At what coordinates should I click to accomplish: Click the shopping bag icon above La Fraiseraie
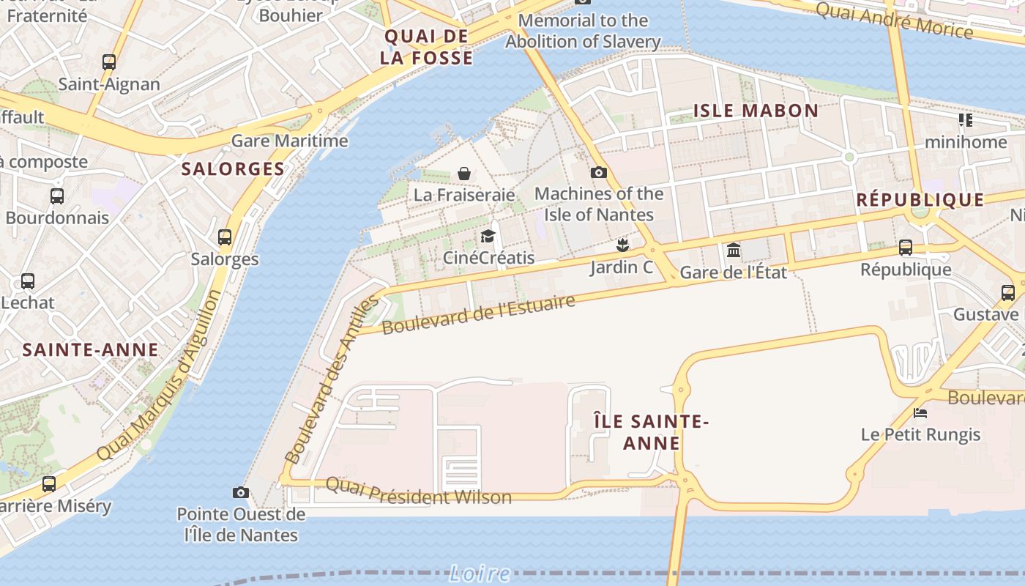point(463,174)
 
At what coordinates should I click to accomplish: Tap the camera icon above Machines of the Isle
point(599,172)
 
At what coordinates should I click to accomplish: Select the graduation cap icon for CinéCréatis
point(488,236)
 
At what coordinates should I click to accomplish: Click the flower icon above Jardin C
point(622,245)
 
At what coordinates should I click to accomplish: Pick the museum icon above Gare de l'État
point(734,251)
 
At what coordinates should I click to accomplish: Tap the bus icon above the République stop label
point(906,248)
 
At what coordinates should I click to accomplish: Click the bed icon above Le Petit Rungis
point(920,413)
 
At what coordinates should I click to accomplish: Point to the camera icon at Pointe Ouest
point(240,492)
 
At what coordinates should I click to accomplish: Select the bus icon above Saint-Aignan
point(109,62)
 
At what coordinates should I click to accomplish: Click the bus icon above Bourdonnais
point(57,196)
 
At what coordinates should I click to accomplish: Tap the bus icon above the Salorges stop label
point(225,237)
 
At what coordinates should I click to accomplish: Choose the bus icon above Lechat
point(28,281)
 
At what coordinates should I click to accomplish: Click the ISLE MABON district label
point(756,111)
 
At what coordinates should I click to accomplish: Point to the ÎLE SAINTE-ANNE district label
point(651,432)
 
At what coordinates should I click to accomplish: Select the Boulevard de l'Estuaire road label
point(479,314)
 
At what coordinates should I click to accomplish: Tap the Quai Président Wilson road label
point(418,492)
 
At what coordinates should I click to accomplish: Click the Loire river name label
point(469,573)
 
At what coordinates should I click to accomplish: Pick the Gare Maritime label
point(290,140)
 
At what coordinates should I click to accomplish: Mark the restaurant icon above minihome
point(966,119)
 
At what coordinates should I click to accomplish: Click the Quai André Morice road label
point(894,21)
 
